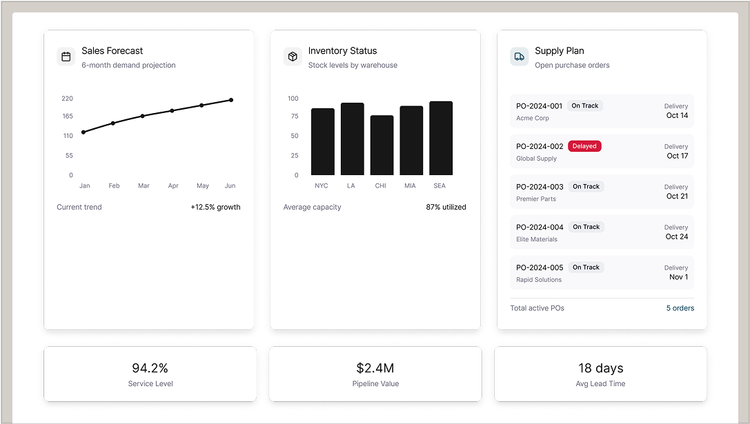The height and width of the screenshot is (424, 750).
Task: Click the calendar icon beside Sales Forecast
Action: [66, 57]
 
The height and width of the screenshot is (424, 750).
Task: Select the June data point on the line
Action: [231, 100]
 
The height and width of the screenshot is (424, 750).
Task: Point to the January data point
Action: [83, 132]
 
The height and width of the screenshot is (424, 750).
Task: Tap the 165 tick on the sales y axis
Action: [67, 117]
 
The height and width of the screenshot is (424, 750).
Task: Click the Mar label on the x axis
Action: [144, 186]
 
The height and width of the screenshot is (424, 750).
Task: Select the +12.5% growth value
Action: [215, 207]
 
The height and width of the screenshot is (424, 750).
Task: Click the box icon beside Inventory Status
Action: [293, 57]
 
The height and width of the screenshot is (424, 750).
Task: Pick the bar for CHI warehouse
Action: [382, 145]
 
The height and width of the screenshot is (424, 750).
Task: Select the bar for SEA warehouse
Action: [441, 139]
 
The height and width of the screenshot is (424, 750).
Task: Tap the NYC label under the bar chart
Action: [322, 186]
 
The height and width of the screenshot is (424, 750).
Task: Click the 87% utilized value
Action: [446, 207]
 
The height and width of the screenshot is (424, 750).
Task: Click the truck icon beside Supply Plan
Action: [520, 57]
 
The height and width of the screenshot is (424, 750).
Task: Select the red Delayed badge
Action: [584, 146]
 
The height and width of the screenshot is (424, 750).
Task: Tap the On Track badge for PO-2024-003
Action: [586, 187]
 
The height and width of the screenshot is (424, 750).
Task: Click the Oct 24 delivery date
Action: [677, 236]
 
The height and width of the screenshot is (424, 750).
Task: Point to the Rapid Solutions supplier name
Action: [539, 280]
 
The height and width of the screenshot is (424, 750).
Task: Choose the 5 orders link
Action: [680, 308]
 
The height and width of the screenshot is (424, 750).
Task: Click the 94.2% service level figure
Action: [150, 368]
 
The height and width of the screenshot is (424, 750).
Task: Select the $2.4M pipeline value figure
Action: [375, 368]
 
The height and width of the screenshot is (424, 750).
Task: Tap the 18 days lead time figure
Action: [600, 368]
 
